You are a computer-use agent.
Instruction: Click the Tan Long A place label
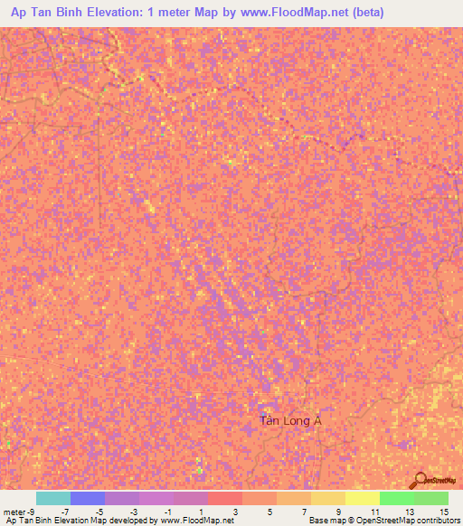coord(290,420)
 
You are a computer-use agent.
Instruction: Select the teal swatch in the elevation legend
coord(53,498)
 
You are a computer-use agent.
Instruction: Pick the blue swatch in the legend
coord(88,498)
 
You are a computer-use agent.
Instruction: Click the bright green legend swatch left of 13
coord(397,498)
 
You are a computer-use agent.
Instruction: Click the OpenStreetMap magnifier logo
coord(420,480)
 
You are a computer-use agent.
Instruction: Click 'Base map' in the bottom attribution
coord(326,521)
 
